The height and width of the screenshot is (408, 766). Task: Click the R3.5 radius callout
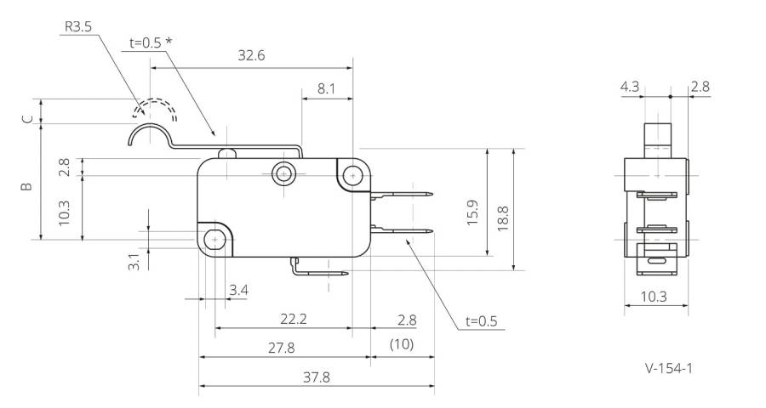[x=78, y=26]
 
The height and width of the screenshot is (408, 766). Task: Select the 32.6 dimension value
[x=251, y=55]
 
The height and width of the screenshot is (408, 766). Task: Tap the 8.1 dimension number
[x=326, y=88]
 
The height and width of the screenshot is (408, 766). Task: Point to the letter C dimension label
[x=28, y=119]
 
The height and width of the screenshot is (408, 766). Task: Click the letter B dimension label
[x=27, y=186]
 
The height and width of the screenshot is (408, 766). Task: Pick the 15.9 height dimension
[x=472, y=212]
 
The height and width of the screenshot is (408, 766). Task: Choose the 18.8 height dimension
[x=503, y=218]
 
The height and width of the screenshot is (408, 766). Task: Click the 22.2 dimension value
[x=294, y=320]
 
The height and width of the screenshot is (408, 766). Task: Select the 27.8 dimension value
[x=282, y=348]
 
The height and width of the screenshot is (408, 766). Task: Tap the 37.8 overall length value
[x=317, y=377]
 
